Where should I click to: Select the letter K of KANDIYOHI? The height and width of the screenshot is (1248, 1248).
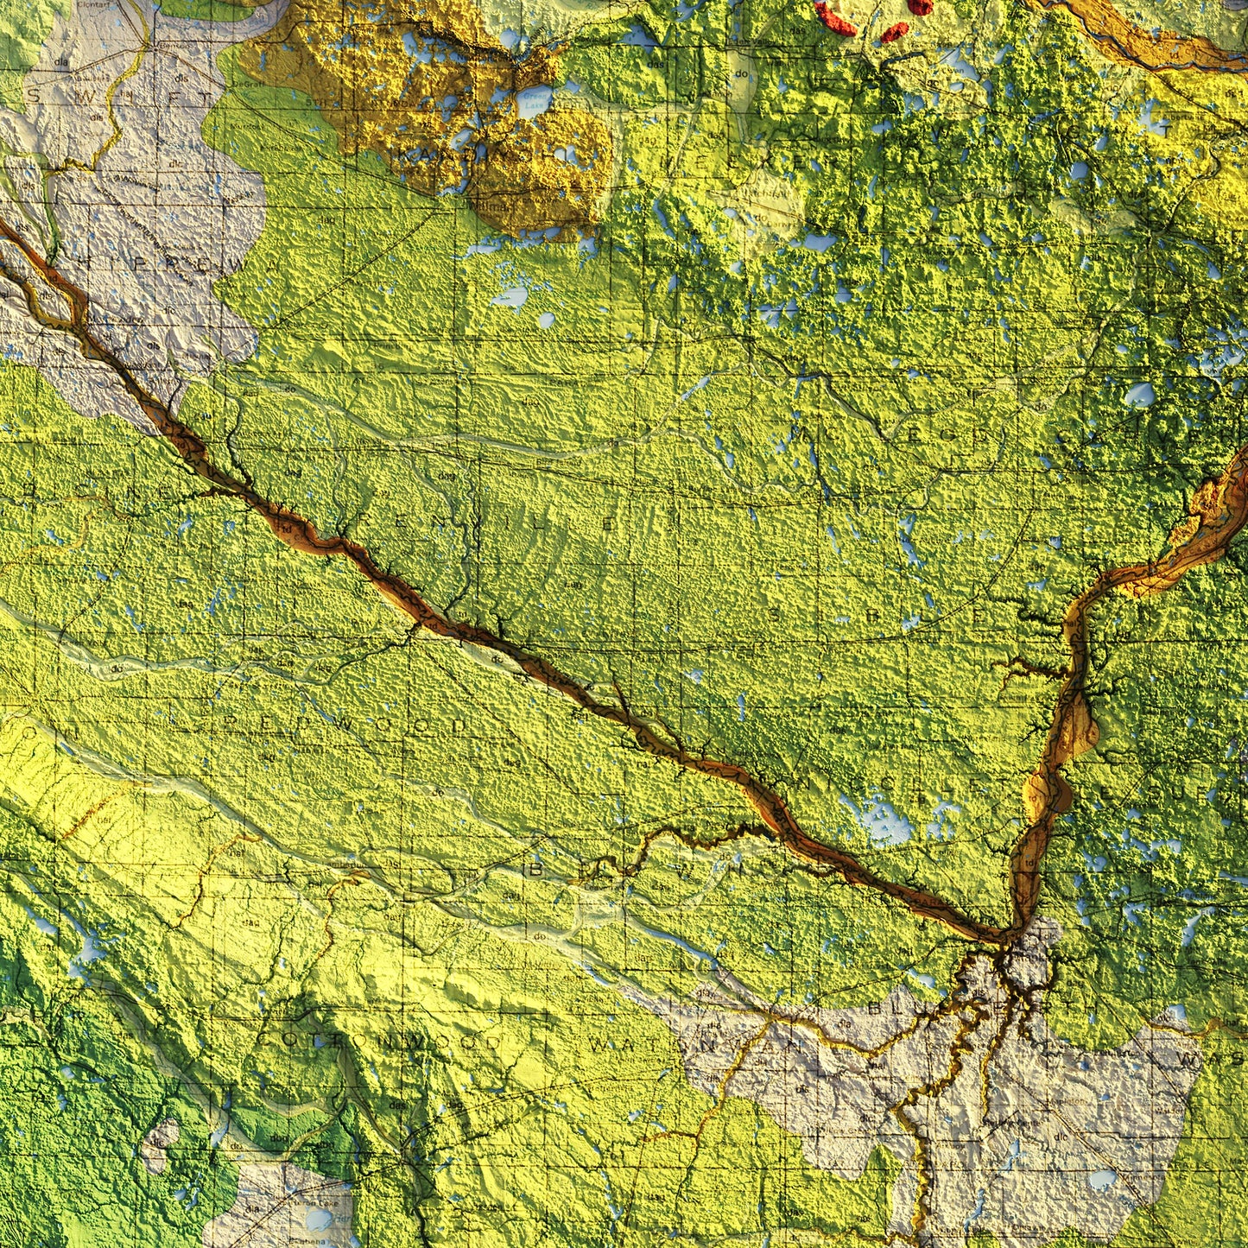coord(405,155)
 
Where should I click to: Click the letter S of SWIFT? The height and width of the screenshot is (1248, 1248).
coord(35,97)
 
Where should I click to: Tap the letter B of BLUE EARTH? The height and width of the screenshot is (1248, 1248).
coord(877,1007)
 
